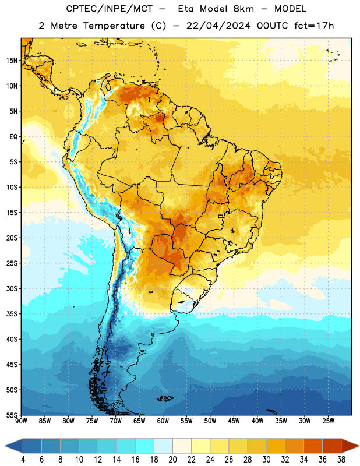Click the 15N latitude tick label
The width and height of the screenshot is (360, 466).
12,61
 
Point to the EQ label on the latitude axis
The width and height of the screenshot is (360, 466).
13,137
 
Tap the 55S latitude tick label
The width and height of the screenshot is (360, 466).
12,415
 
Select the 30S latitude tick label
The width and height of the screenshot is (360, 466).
12,288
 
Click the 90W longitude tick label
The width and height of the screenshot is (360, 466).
21,421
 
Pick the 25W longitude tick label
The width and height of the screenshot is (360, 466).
328,421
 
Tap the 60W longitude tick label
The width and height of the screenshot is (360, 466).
163,421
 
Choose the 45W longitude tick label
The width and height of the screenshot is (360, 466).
234,421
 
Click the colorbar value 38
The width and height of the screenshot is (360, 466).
341,460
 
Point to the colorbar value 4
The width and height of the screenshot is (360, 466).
23,460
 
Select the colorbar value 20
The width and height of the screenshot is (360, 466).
172,460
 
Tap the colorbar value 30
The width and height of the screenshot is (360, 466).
266,460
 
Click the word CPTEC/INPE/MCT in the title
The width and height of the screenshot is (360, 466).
109,9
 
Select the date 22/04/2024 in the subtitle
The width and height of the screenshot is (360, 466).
218,26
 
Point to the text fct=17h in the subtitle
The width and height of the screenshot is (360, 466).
314,26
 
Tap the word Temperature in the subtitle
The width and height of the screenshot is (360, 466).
114,26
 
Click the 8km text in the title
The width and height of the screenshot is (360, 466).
243,9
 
